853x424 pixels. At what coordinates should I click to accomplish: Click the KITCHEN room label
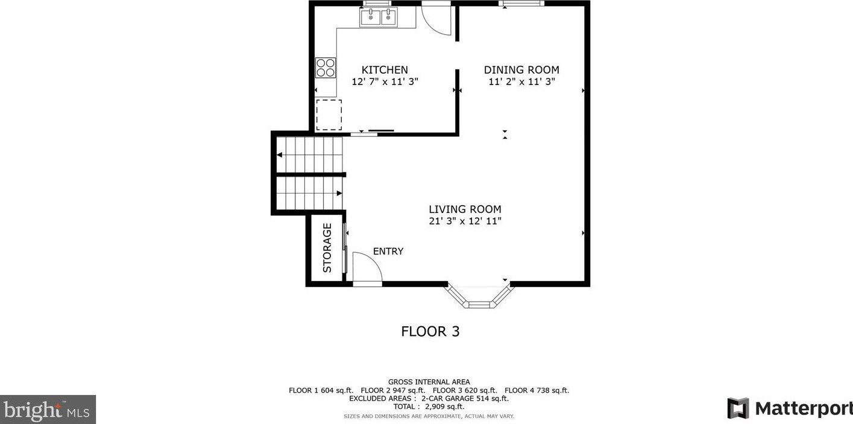click(385, 70)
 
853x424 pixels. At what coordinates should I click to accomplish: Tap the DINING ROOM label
click(521, 70)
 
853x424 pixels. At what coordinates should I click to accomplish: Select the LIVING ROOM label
click(465, 209)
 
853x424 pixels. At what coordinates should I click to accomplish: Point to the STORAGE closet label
click(327, 248)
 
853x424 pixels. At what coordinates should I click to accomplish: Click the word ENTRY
click(388, 251)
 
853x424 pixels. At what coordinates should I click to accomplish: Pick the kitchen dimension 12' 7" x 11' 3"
click(385, 81)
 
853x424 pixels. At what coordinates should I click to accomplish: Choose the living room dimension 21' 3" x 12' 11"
click(465, 221)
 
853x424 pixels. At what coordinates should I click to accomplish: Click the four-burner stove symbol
click(326, 68)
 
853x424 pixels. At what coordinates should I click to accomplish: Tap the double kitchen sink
click(379, 17)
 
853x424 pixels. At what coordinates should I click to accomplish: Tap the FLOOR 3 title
click(430, 332)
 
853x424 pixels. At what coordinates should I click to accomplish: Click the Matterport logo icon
click(738, 408)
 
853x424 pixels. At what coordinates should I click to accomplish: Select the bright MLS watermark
click(48, 410)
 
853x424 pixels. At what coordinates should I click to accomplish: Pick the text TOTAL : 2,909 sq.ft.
click(429, 407)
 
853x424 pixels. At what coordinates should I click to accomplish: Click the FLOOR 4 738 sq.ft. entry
click(537, 390)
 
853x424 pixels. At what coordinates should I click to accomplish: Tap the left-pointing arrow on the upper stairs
click(280, 155)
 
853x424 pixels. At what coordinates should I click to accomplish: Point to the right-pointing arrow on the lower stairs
click(339, 194)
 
